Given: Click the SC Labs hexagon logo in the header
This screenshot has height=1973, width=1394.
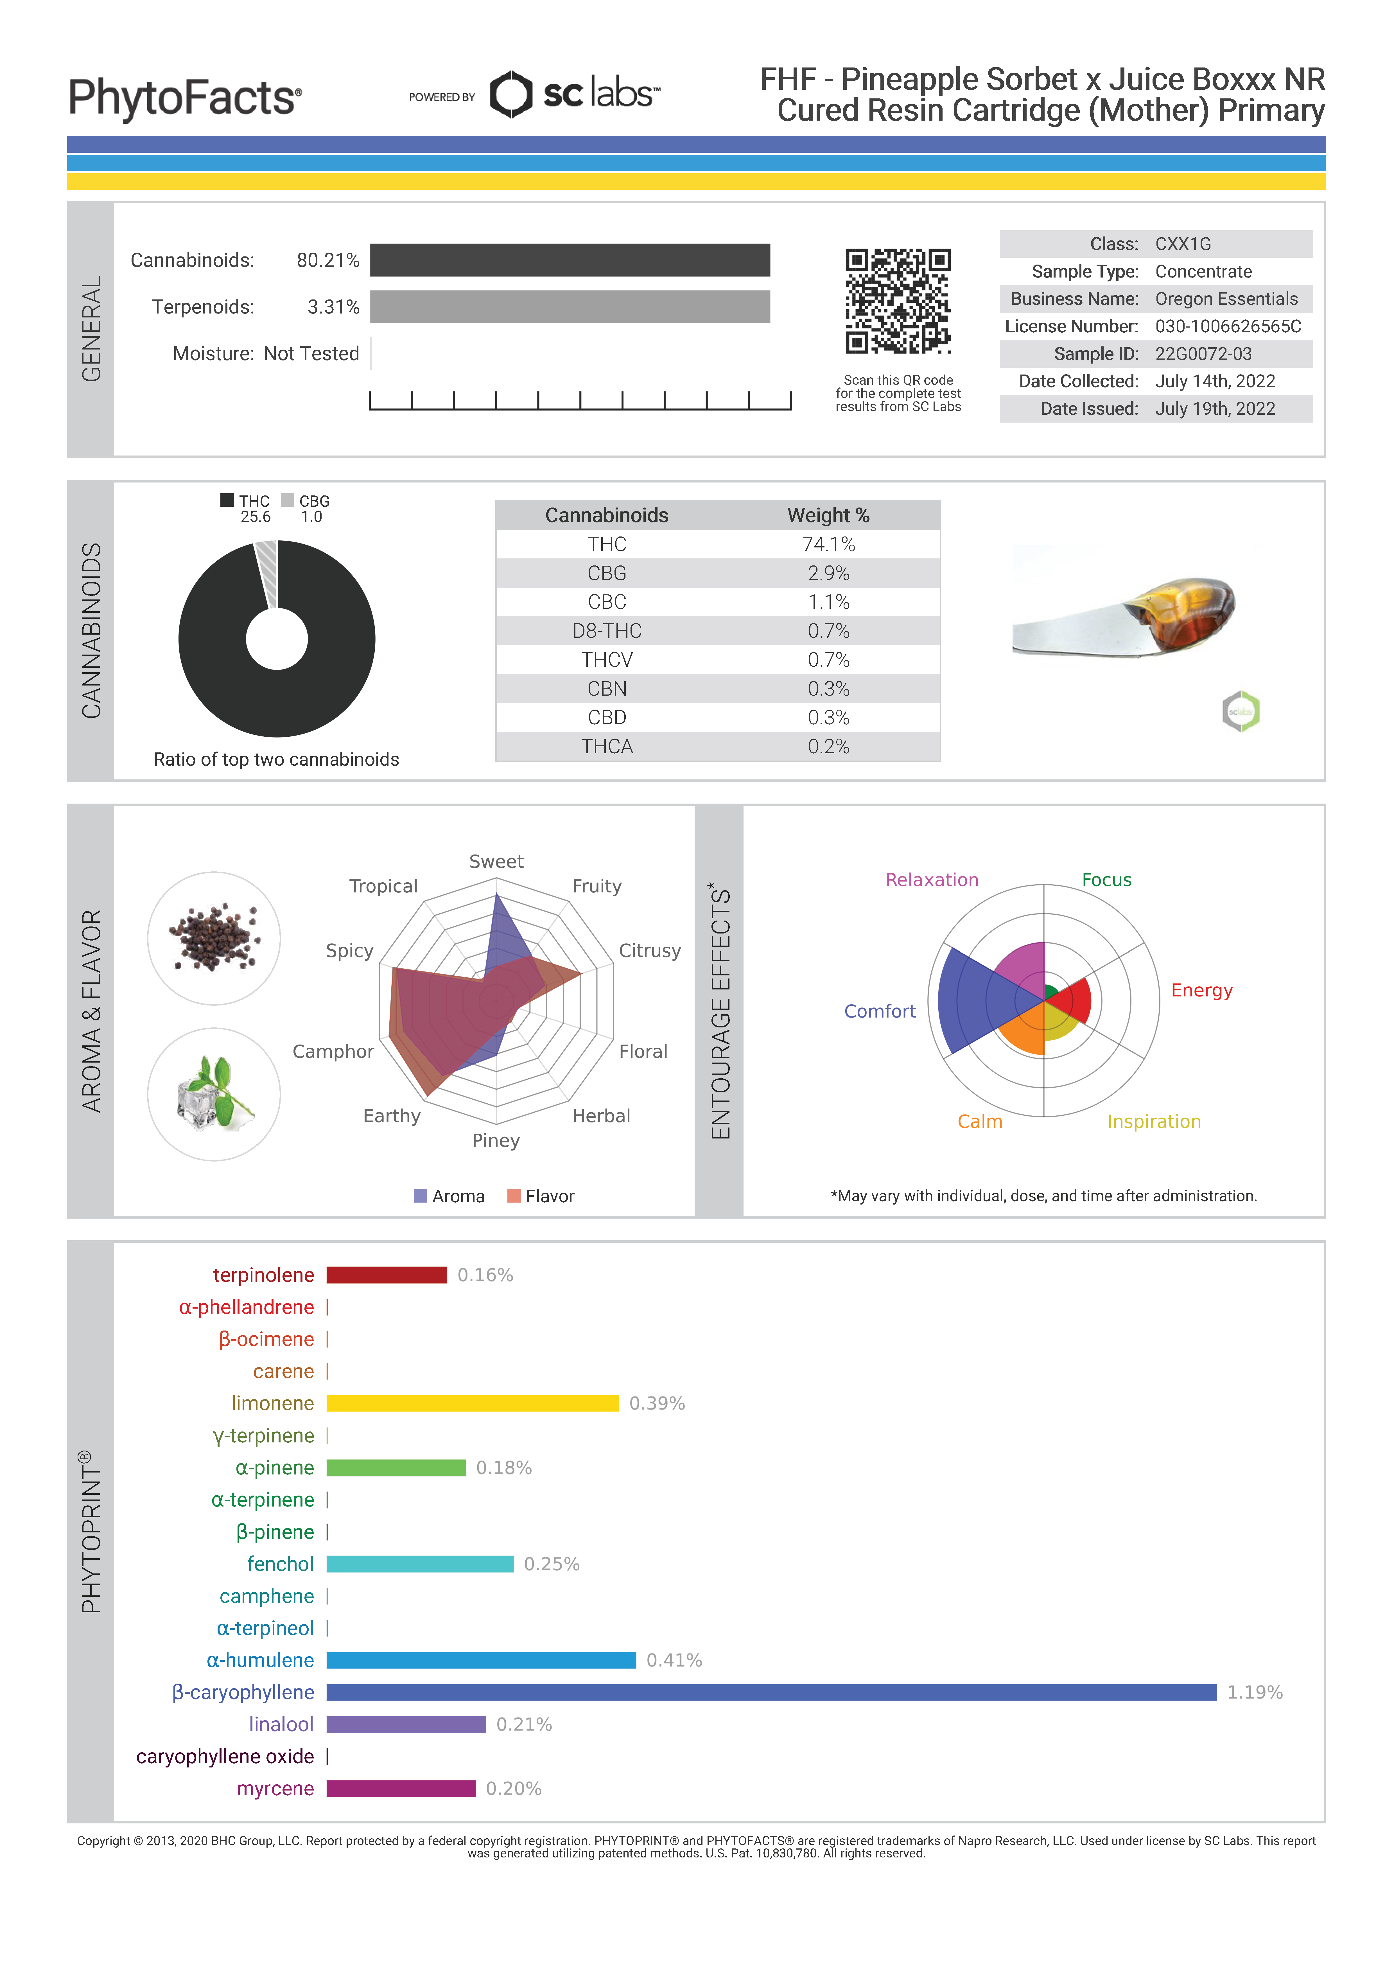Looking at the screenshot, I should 511,94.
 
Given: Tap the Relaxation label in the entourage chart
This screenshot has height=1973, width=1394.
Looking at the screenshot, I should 932,880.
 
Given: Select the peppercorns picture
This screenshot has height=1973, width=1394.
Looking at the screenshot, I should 214,938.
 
